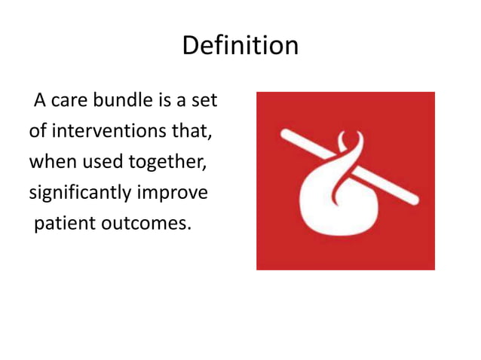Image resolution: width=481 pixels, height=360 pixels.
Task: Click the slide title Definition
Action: pyautogui.click(x=240, y=46)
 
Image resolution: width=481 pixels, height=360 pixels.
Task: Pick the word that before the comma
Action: pyautogui.click(x=191, y=133)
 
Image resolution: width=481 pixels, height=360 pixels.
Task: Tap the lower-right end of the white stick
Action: pyautogui.click(x=412, y=200)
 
